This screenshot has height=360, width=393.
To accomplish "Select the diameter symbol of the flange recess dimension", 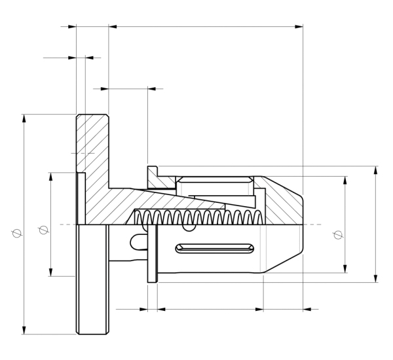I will [43, 230].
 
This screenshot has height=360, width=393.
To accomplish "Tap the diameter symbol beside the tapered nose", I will [337, 235].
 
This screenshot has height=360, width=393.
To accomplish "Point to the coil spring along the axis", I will [196, 218].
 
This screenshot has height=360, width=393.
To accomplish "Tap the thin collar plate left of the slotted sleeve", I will [153, 255].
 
